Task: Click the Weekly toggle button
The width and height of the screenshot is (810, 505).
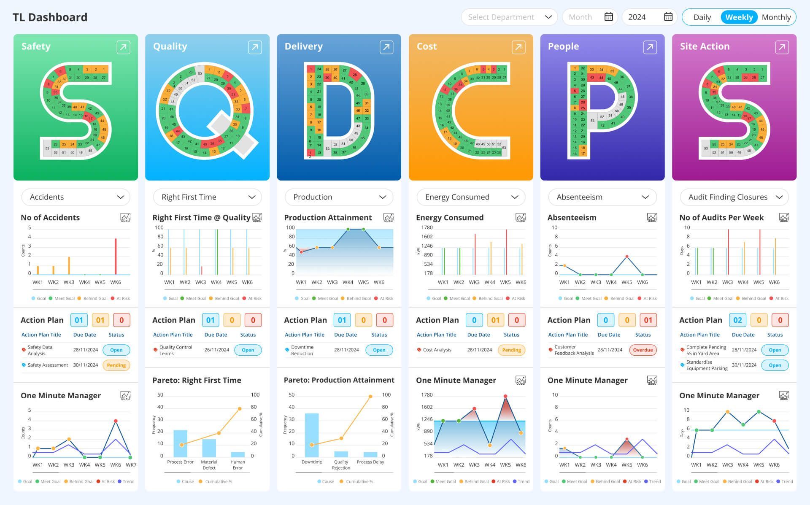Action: pyautogui.click(x=739, y=17)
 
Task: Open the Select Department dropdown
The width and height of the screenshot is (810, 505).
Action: pyautogui.click(x=509, y=17)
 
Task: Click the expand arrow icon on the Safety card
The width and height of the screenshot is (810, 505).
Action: pyautogui.click(x=123, y=47)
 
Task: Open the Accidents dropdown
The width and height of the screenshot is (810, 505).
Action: pyautogui.click(x=76, y=197)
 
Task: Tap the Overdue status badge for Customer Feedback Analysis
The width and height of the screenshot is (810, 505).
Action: pyautogui.click(x=643, y=350)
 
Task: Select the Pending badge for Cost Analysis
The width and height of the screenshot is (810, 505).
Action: pyautogui.click(x=511, y=350)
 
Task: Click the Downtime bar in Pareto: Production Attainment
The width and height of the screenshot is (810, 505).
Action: pyautogui.click(x=312, y=435)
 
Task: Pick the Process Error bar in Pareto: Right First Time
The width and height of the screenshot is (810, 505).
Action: pyautogui.click(x=180, y=443)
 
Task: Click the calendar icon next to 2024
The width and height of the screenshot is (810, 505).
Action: pyautogui.click(x=668, y=17)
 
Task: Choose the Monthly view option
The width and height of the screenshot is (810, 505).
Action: pyautogui.click(x=776, y=17)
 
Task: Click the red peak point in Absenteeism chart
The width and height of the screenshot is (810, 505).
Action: pyautogui.click(x=627, y=257)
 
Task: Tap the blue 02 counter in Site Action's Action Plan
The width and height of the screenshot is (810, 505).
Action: pyautogui.click(x=737, y=320)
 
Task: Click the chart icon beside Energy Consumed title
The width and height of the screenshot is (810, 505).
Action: pyautogui.click(x=520, y=218)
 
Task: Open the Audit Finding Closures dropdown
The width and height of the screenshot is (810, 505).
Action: pyautogui.click(x=734, y=197)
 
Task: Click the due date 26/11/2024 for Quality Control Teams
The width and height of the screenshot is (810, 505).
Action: pyautogui.click(x=217, y=350)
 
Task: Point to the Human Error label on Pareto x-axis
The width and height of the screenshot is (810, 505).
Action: pyautogui.click(x=238, y=464)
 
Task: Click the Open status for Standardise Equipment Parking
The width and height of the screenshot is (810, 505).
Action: pyautogui.click(x=775, y=365)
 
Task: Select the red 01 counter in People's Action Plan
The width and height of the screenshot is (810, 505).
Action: pyautogui.click(x=648, y=320)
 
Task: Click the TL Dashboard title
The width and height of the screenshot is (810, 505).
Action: pyautogui.click(x=50, y=17)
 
